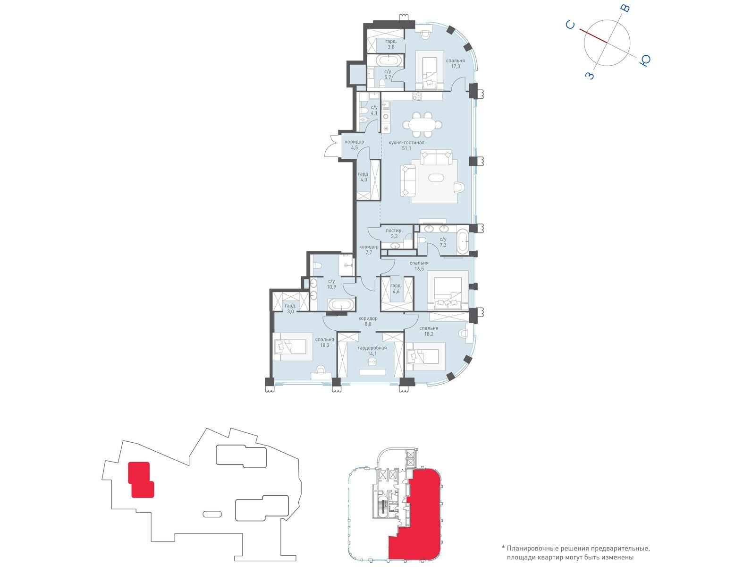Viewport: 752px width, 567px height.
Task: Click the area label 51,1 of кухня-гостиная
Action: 406,148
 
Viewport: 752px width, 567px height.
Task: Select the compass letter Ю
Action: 644,60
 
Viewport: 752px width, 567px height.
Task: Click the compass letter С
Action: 570,25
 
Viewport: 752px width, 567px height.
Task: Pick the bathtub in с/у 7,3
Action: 463,241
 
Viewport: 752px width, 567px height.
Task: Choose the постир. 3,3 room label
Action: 394,233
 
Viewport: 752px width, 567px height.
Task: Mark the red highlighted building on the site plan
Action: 141,479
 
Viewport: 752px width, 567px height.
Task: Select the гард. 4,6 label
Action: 396,288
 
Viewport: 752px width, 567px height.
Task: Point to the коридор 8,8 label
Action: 368,321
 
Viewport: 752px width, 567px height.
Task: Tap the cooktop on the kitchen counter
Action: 417,97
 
